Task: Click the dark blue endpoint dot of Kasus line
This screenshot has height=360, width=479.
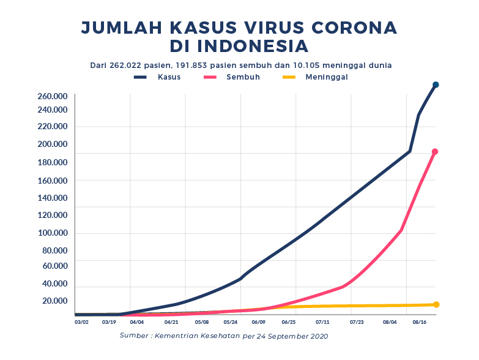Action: click(436, 85)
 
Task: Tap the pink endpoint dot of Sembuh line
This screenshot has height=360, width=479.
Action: click(435, 152)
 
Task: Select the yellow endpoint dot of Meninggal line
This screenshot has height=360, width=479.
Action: click(436, 304)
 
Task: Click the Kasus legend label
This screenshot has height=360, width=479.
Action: click(169, 77)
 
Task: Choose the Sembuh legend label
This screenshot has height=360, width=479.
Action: click(243, 77)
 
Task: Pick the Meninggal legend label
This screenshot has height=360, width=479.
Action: click(327, 77)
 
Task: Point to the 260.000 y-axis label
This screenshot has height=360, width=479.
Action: click(53, 97)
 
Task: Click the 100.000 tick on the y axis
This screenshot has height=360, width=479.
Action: click(53, 233)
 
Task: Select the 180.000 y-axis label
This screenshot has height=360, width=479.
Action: click(53, 162)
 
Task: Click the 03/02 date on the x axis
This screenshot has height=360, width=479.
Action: click(81, 321)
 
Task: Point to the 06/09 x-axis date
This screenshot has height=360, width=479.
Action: click(258, 321)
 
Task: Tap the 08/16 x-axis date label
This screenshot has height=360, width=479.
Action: click(420, 321)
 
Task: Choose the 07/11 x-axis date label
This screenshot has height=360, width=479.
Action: click(323, 321)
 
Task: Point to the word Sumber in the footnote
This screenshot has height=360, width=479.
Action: click(134, 336)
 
